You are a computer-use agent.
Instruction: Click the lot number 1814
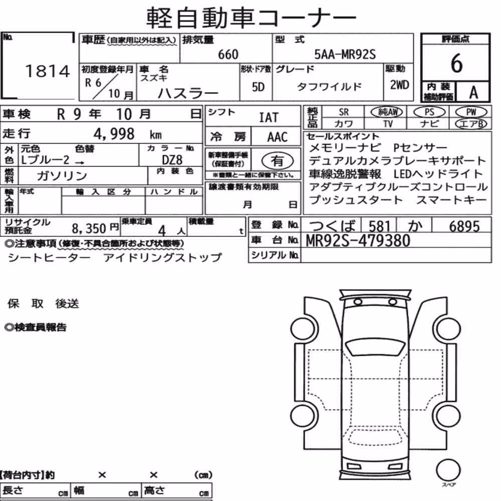click(47, 71)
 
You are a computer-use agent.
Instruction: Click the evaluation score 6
click(456, 63)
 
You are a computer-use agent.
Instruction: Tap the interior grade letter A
click(473, 93)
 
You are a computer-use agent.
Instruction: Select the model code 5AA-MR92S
click(345, 54)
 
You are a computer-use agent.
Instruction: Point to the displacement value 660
click(228, 55)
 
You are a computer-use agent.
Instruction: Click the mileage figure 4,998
click(114, 134)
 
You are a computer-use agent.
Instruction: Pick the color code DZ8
click(172, 160)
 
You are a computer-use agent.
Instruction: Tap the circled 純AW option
click(387, 112)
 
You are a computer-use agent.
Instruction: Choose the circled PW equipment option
click(471, 112)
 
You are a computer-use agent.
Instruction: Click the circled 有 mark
click(277, 160)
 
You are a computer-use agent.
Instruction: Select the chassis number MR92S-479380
click(358, 240)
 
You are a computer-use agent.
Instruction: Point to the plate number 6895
click(464, 226)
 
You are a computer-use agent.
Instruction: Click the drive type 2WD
click(399, 85)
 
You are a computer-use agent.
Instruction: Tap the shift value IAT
click(269, 117)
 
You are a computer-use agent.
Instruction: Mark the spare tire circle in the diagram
click(448, 470)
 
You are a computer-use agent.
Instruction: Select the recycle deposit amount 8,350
click(89, 228)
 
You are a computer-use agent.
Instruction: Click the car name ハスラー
click(188, 93)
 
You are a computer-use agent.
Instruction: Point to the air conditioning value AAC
click(277, 137)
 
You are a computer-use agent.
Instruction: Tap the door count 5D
click(258, 87)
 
